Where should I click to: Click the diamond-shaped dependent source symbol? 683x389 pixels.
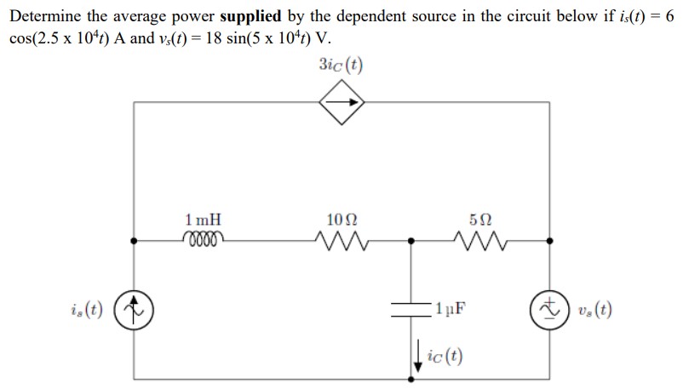[x=341, y=103]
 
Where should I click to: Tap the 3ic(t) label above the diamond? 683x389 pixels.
[x=341, y=65]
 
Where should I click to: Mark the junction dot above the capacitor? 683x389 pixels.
[x=411, y=241]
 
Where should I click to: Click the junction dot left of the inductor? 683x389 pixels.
[x=134, y=241]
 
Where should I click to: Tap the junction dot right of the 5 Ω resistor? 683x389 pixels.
[x=548, y=241]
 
